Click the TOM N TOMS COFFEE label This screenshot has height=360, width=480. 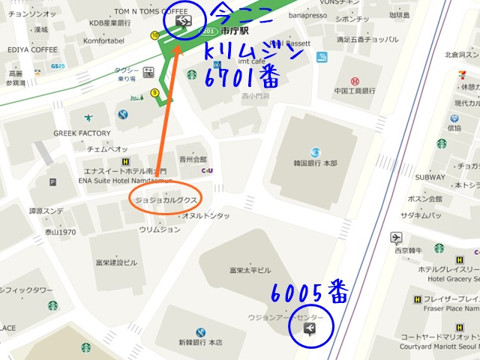151,12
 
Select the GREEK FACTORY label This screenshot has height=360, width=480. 82,133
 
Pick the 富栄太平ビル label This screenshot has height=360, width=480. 250,270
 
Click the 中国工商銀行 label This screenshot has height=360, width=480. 355,91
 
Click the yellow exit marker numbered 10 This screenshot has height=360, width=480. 154,34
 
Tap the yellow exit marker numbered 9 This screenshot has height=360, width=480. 154,93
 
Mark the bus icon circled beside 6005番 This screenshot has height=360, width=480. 309,330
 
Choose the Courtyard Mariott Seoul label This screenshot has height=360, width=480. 439,346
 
